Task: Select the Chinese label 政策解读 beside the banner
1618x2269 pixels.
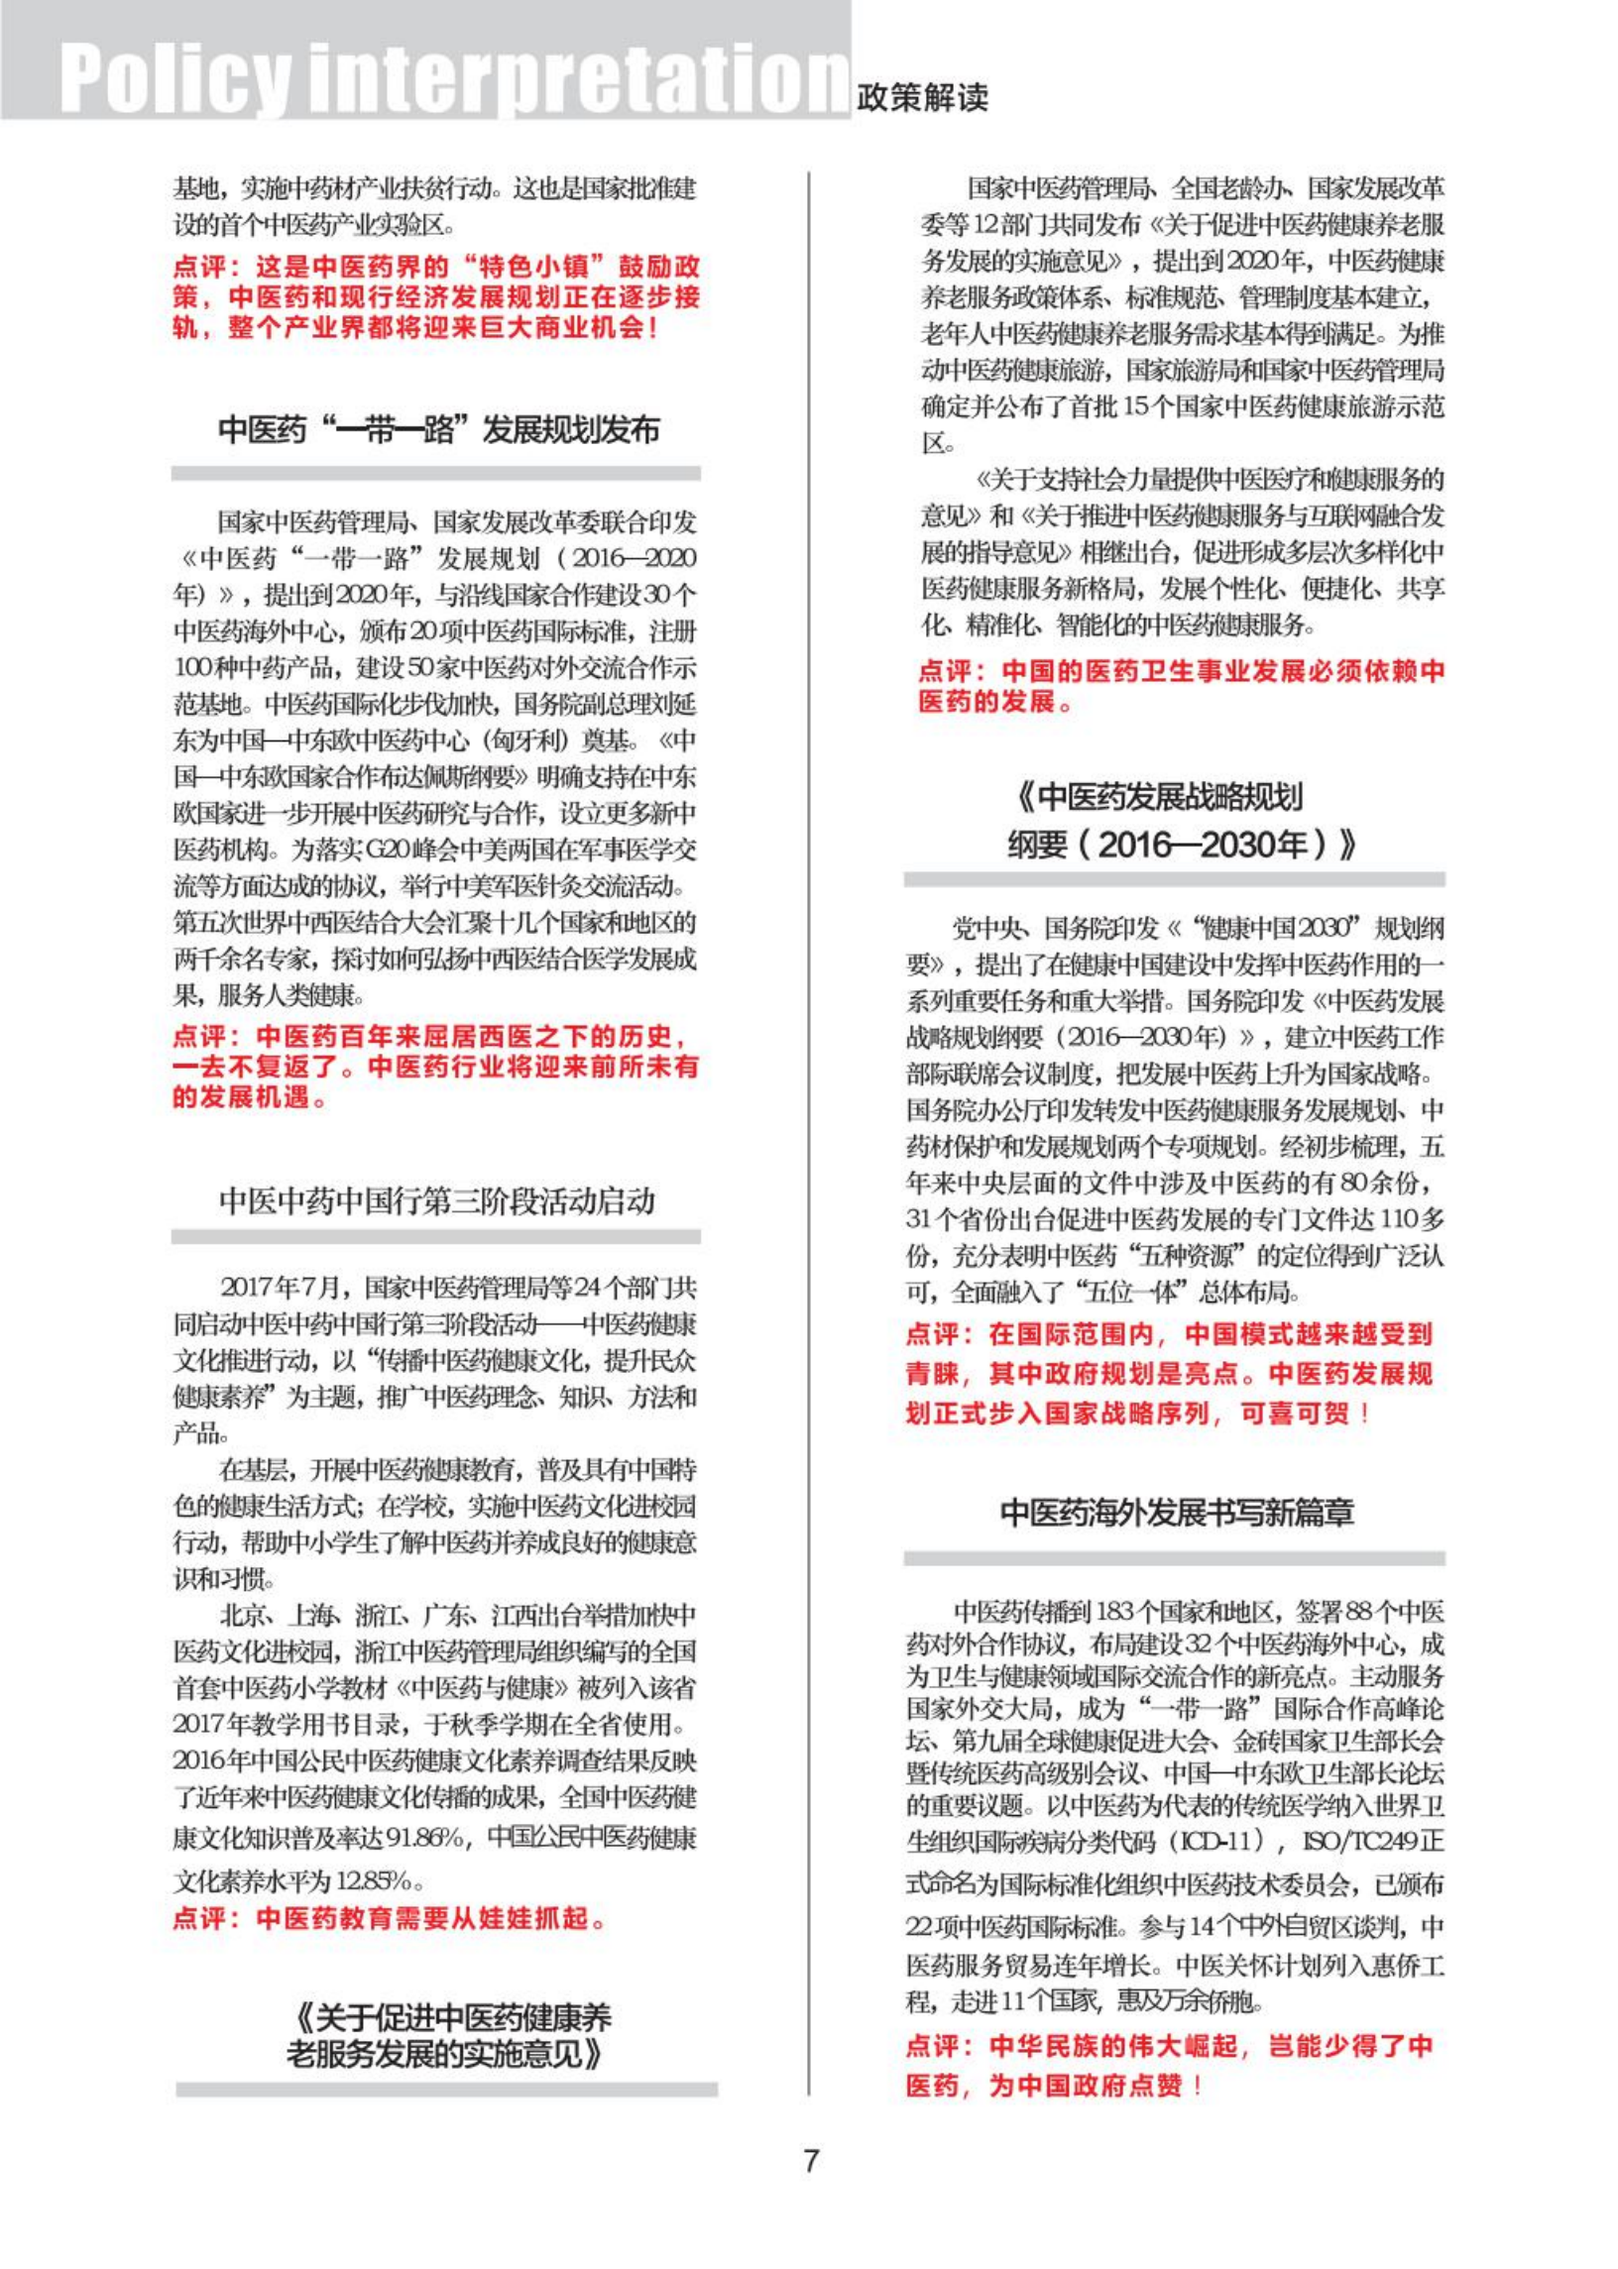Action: click(x=922, y=97)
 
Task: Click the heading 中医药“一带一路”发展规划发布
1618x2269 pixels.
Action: click(x=438, y=430)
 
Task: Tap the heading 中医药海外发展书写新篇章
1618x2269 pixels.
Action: click(x=1177, y=1513)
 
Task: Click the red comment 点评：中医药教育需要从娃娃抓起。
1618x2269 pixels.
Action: click(x=389, y=1917)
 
